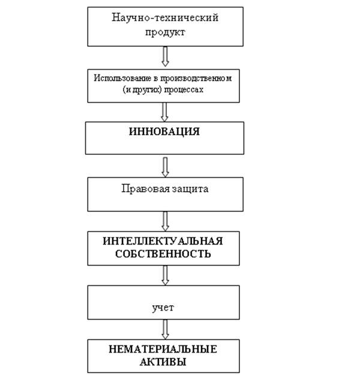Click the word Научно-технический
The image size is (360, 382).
pyautogui.click(x=165, y=17)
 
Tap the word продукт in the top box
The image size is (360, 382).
pyautogui.click(x=165, y=32)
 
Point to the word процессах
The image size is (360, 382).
pyautogui.click(x=184, y=89)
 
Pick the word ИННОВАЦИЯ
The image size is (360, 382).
pyautogui.click(x=164, y=132)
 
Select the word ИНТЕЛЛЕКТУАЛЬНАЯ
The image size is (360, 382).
pyautogui.click(x=163, y=241)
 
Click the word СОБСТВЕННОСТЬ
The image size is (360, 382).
pyautogui.click(x=163, y=254)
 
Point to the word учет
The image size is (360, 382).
pyautogui.click(x=163, y=308)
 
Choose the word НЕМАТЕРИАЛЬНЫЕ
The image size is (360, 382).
pyautogui.click(x=163, y=349)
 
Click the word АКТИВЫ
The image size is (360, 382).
pyautogui.click(x=163, y=362)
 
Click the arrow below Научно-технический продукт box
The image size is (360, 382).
pyautogui.click(x=165, y=56)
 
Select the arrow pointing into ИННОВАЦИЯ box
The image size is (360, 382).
pyautogui.click(x=164, y=112)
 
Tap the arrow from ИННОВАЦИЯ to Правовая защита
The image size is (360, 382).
pyautogui.click(x=165, y=167)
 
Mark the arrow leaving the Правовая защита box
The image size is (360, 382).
pyautogui.click(x=165, y=221)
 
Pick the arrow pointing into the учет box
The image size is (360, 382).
pyautogui.click(x=165, y=275)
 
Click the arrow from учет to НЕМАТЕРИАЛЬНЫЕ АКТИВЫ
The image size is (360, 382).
pyautogui.click(x=165, y=329)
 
